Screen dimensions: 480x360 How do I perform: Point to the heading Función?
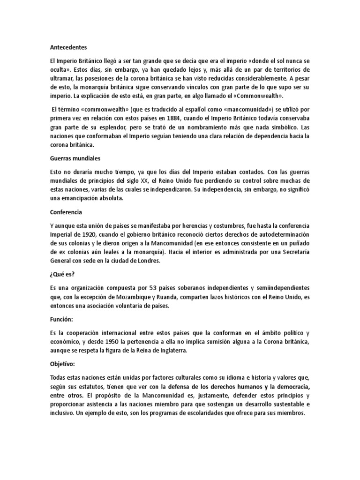[63, 319]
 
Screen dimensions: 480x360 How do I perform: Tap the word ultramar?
[63, 79]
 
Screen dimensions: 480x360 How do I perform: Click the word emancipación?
[80, 199]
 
